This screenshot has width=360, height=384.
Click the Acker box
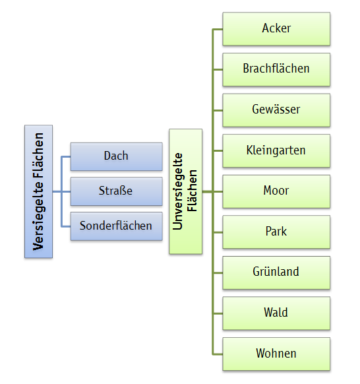point(276,29)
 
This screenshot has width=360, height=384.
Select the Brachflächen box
point(276,69)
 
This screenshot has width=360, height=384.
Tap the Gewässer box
point(276,110)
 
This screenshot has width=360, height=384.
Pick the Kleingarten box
point(276,151)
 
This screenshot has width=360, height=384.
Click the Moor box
point(276,191)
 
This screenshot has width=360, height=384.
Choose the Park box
point(276,232)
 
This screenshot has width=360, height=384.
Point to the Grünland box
point(276,272)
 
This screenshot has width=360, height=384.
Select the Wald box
point(276,313)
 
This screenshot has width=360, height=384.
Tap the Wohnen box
point(276,354)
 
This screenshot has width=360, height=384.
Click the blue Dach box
point(117,157)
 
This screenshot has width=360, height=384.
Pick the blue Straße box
point(117,191)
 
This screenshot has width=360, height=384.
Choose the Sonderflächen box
point(117,226)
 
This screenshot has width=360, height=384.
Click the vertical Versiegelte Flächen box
point(39,191)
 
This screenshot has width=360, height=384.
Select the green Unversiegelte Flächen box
point(186,191)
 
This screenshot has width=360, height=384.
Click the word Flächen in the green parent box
point(192,191)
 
